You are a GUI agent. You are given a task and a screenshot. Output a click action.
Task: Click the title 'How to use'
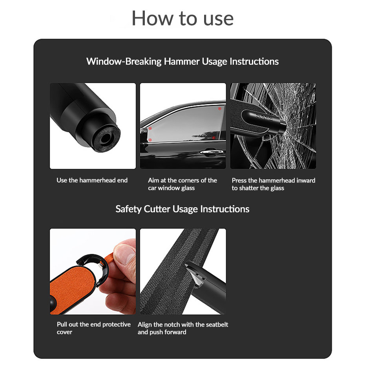coord(182,18)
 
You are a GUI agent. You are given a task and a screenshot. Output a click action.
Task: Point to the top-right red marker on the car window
coord(219,108)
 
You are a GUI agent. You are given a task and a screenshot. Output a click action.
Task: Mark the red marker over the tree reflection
coord(213,137)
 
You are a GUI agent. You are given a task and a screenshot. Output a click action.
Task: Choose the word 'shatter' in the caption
coord(249,188)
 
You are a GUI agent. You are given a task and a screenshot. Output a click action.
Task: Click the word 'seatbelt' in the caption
coord(215,325)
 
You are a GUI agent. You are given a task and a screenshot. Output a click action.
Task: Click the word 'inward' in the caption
coord(306,181)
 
